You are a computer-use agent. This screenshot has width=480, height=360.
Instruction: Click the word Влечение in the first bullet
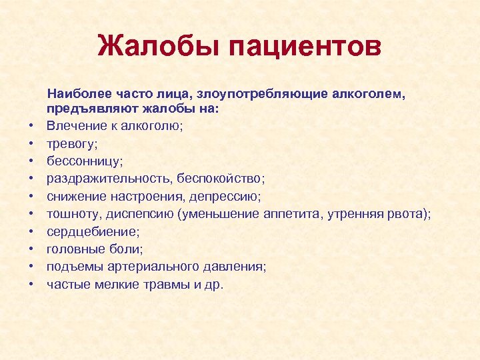coord(72,126)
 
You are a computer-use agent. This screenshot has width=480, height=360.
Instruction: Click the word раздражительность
coord(102,179)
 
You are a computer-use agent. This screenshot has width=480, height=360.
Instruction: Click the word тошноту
coord(71,213)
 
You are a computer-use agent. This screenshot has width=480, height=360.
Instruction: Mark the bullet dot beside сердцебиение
coord(31,231)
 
